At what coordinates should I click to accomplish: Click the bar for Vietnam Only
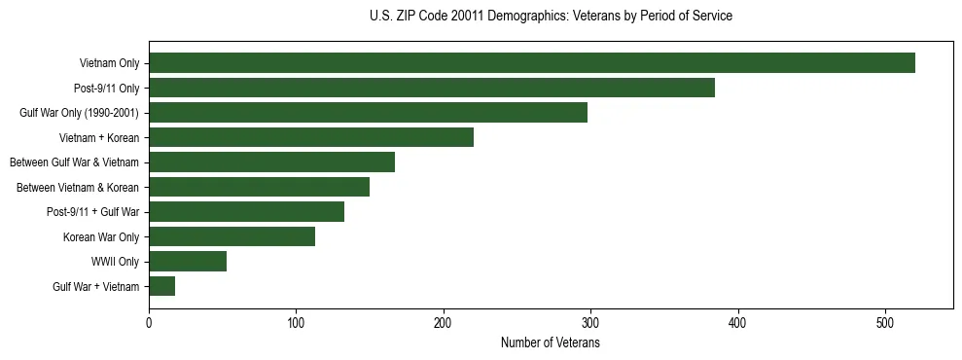(x=531, y=63)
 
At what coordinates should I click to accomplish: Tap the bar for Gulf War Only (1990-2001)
(x=368, y=113)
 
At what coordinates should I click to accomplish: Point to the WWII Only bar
(x=188, y=261)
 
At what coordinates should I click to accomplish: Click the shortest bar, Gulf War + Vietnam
(x=161, y=286)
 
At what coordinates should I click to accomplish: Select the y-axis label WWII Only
(x=115, y=262)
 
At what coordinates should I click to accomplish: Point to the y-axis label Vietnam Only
(x=109, y=63)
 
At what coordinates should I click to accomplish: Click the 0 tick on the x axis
(x=149, y=321)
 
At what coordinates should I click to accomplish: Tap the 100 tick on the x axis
(x=296, y=321)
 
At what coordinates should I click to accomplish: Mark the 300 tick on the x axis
(x=590, y=321)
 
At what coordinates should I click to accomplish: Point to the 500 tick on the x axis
(x=885, y=321)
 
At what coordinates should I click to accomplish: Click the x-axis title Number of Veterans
(x=550, y=343)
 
